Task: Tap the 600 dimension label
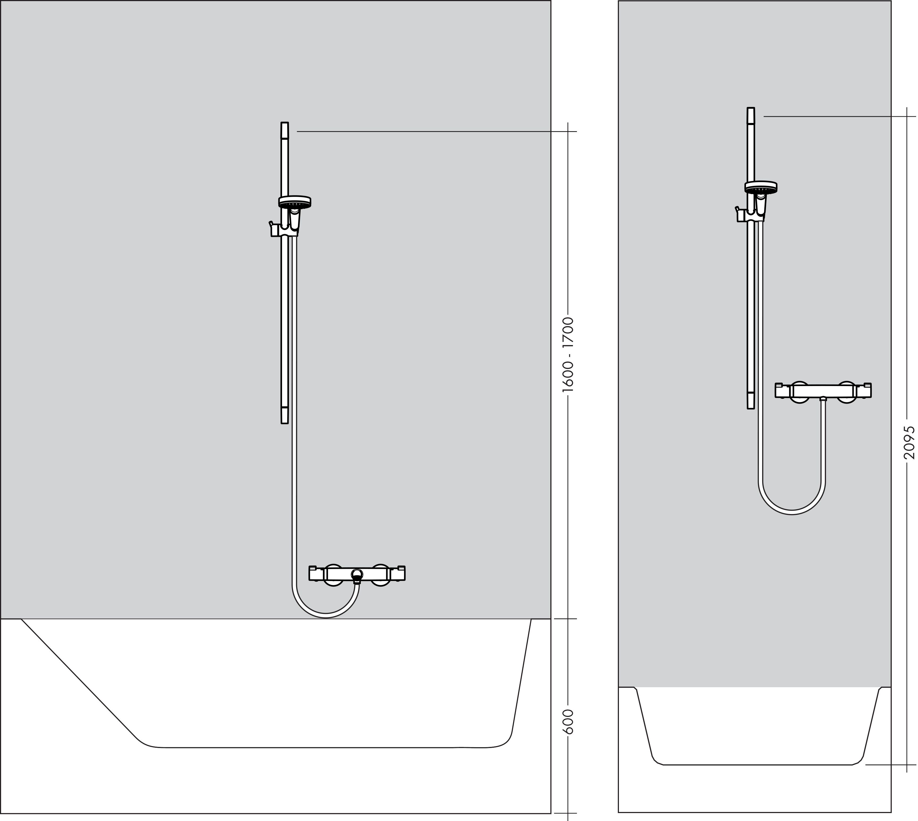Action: (x=569, y=721)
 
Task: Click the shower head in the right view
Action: (x=761, y=187)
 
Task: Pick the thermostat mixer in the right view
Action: (x=823, y=391)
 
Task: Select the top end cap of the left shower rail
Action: (x=284, y=130)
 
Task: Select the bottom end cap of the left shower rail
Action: (x=284, y=415)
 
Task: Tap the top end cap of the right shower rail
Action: (x=751, y=115)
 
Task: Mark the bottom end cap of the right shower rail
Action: (x=751, y=401)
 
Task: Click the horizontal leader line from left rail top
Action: (x=429, y=131)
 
